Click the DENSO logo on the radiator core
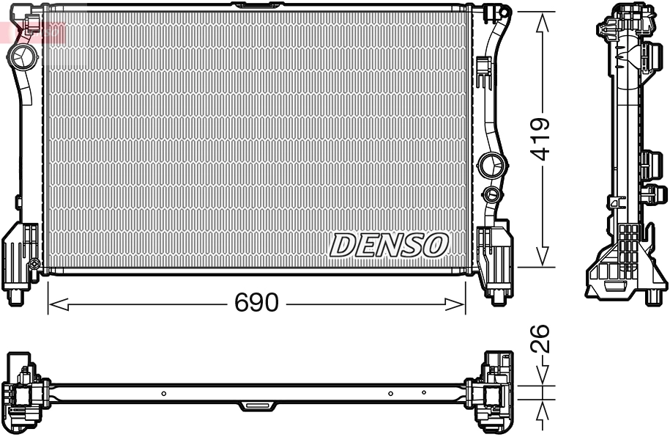pyautogui.click(x=389, y=246)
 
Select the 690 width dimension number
pyautogui.click(x=256, y=303)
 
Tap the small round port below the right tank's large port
pyautogui.click(x=491, y=194)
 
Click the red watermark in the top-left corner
pyautogui.click(x=32, y=32)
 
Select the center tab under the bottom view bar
pyautogui.click(x=257, y=405)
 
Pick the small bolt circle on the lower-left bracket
pyautogui.click(x=34, y=264)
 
